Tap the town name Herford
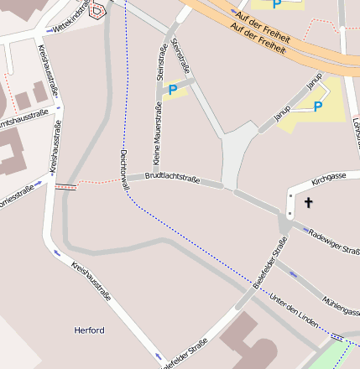90,330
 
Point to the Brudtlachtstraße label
172,178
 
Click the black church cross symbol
308,202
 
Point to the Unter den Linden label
295,309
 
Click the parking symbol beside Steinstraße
173,90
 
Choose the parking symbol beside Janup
317,107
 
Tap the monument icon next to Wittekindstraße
97,10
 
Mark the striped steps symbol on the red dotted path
65,186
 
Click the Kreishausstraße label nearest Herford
91,280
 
